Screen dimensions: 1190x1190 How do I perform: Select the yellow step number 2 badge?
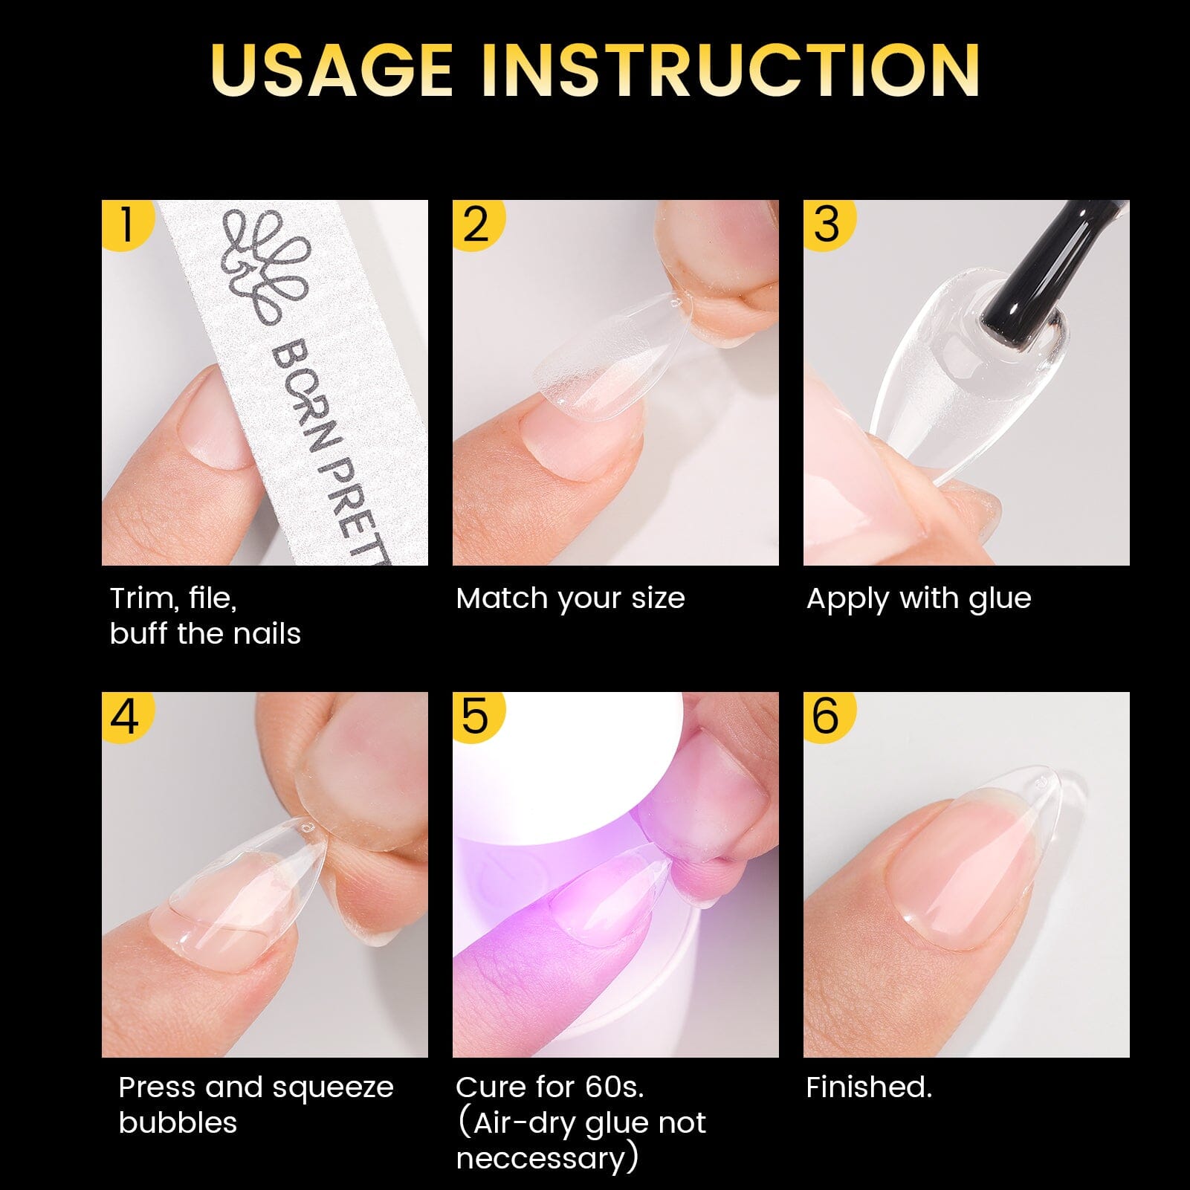[476, 223]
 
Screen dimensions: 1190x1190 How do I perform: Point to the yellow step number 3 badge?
[827, 223]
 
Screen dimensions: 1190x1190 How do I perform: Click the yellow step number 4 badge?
[125, 716]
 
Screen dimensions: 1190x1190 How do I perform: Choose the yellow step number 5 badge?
[476, 716]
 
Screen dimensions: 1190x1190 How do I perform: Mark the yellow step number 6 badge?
[827, 716]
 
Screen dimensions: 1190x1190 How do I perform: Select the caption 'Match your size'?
[570, 598]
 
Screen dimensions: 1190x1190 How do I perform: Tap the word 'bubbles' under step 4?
[178, 1122]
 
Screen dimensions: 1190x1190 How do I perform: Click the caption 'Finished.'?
[868, 1087]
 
